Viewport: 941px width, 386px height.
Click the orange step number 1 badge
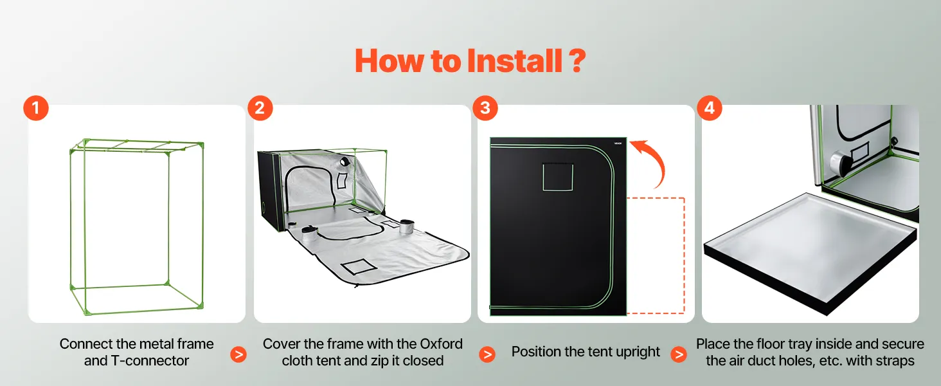pos(36,108)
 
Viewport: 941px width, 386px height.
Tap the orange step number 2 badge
pos(260,108)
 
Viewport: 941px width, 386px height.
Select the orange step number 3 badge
pos(485,108)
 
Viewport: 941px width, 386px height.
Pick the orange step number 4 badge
pos(710,108)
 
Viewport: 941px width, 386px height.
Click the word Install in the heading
pos(515,61)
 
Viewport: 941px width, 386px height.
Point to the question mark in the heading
pos(577,61)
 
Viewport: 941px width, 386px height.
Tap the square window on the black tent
pos(558,177)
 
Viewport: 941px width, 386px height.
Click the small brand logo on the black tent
pos(618,143)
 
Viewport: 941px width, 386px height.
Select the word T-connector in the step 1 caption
pos(150,361)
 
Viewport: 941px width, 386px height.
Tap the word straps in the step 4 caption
pos(893,361)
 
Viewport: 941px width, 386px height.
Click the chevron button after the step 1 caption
pos(238,354)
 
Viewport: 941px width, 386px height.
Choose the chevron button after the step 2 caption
pos(487,354)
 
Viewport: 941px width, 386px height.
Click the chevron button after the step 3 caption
pos(679,354)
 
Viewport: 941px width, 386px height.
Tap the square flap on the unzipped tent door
pos(359,266)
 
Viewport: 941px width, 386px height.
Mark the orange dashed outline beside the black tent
pos(684,255)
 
